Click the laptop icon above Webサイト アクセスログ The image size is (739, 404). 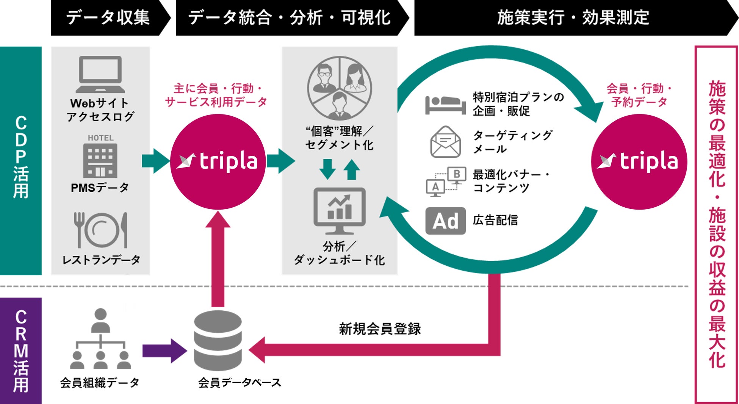click(x=100, y=74)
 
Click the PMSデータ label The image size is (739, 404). click(x=100, y=188)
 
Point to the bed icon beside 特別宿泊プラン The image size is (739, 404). click(x=445, y=105)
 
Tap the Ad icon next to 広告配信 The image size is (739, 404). click(x=446, y=221)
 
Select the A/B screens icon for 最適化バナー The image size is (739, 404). click(x=446, y=182)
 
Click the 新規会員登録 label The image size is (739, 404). click(x=380, y=329)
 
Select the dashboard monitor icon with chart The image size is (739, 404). click(x=340, y=211)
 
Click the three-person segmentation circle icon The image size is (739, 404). click(x=340, y=88)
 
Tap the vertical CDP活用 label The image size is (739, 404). click(x=21, y=157)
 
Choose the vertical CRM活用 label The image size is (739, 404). click(x=21, y=351)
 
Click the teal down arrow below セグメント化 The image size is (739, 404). click(x=327, y=169)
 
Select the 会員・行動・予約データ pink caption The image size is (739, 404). click(x=639, y=95)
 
